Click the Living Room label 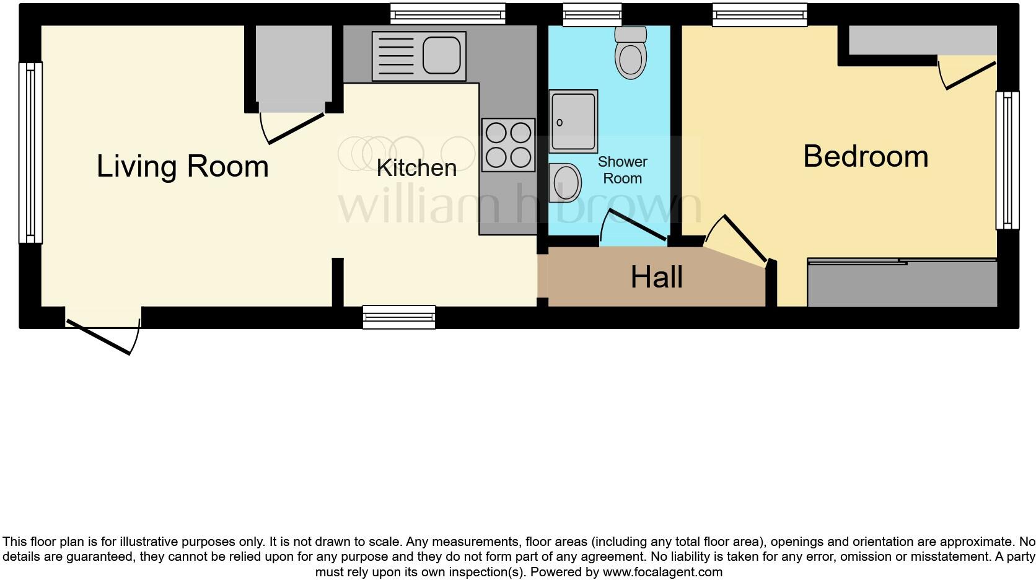pyautogui.click(x=182, y=166)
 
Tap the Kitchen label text pyautogui.click(x=416, y=168)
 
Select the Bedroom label pyautogui.click(x=866, y=156)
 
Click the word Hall pyautogui.click(x=656, y=277)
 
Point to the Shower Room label pyautogui.click(x=622, y=170)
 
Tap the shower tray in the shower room pyautogui.click(x=573, y=121)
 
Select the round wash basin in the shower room pyautogui.click(x=565, y=183)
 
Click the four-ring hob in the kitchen pyautogui.click(x=508, y=145)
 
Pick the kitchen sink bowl pyautogui.click(x=442, y=56)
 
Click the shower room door pyautogui.click(x=635, y=225)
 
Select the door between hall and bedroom pyautogui.click(x=744, y=239)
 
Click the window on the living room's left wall pyautogui.click(x=30, y=152)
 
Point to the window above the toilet pyautogui.click(x=592, y=15)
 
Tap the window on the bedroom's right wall pyautogui.click(x=1007, y=160)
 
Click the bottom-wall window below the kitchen pyautogui.click(x=399, y=317)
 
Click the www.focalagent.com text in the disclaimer pyautogui.click(x=662, y=572)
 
